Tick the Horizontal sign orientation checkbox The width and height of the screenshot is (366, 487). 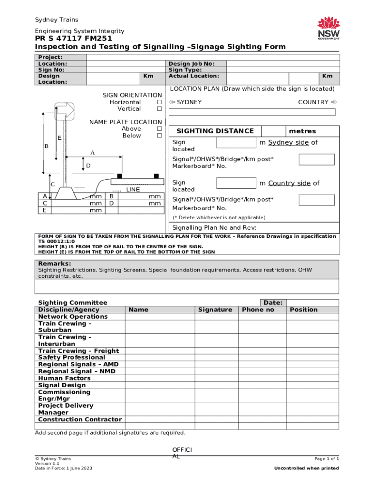(160, 102)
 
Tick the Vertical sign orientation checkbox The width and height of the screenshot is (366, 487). (160, 109)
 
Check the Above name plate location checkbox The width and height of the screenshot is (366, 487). (160, 129)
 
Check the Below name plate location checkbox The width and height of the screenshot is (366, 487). (160, 136)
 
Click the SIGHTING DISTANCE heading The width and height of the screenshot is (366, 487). (215, 131)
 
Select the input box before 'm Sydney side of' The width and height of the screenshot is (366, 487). (236, 143)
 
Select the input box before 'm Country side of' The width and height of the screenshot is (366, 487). (236, 183)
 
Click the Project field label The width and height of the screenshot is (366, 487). (50, 57)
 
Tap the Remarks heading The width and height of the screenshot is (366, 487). (55, 263)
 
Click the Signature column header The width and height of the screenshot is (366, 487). (215, 310)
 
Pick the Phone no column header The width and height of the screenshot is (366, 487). (258, 310)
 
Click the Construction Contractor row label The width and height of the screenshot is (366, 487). (80, 419)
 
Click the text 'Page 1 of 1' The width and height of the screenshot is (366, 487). (327, 458)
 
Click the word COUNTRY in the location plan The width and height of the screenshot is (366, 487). (313, 102)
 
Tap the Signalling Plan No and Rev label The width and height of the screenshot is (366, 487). (214, 227)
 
